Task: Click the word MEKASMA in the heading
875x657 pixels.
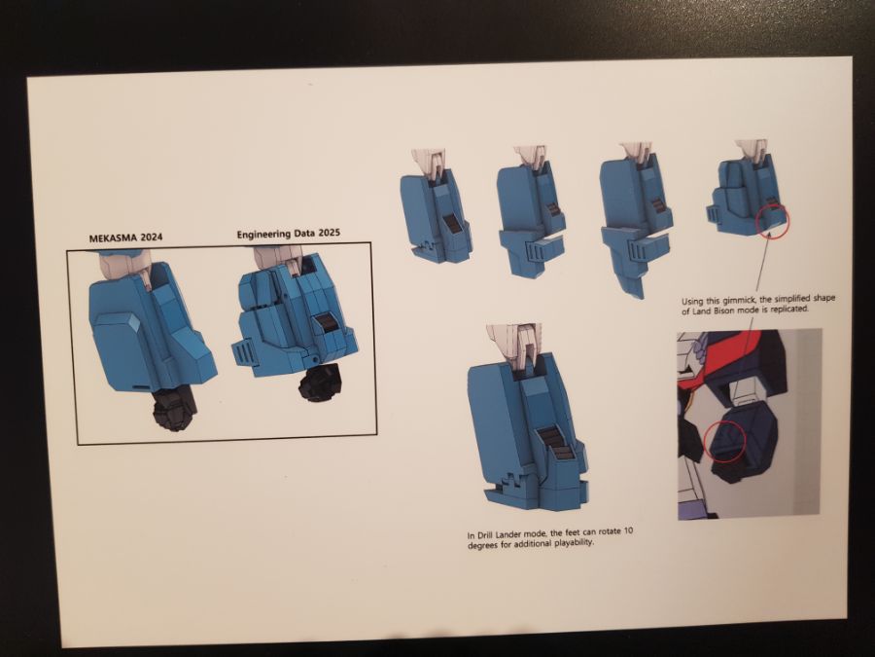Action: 113,237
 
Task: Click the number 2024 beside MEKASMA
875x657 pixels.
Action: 152,237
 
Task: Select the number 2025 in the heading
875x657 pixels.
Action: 329,233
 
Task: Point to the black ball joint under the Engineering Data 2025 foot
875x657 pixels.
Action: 319,383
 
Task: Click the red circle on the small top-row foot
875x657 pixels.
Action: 773,221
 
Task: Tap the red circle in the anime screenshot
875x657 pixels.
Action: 724,441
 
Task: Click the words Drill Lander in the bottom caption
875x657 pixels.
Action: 500,535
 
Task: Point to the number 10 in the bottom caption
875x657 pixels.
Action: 628,530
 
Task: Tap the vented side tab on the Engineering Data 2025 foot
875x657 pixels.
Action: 244,353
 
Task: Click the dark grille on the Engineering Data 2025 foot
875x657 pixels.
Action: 324,323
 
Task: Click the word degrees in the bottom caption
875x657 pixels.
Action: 482,545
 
